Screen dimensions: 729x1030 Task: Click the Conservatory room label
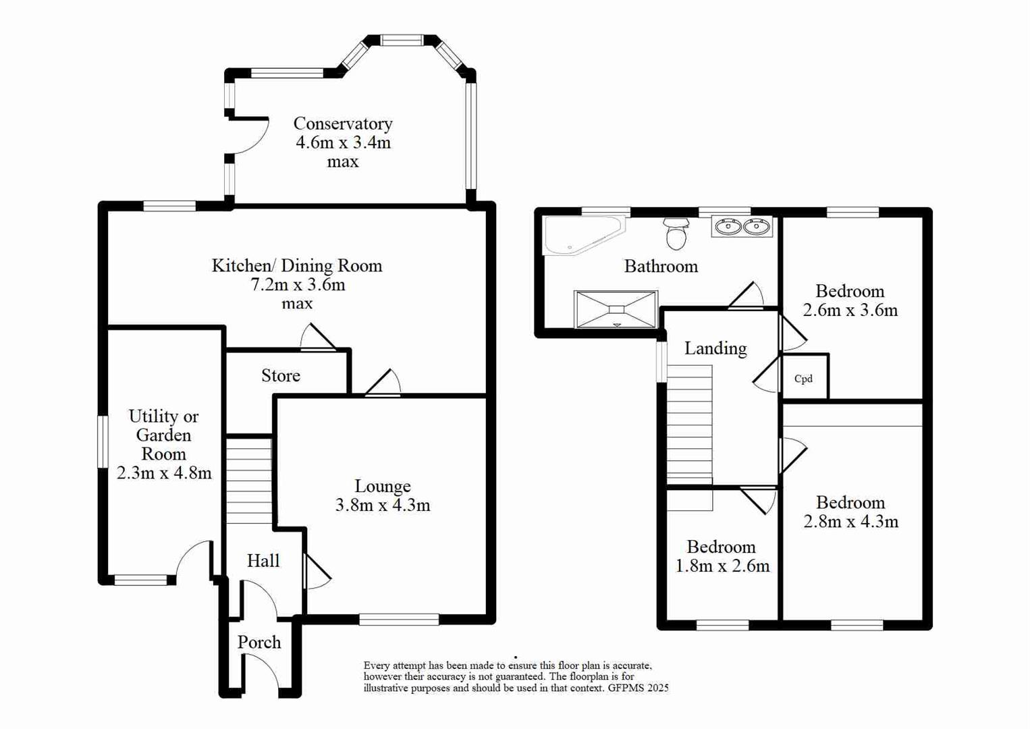pyautogui.click(x=342, y=124)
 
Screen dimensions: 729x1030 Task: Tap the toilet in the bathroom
pyautogui.click(x=676, y=234)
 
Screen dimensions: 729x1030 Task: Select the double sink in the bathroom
pyautogui.click(x=742, y=227)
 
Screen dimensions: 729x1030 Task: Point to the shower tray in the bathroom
pyautogui.click(x=616, y=310)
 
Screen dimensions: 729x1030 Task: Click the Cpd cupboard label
pyautogui.click(x=803, y=379)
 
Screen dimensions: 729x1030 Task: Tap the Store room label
pyautogui.click(x=281, y=376)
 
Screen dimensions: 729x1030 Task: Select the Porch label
pyautogui.click(x=259, y=643)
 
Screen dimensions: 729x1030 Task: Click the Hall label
pyautogui.click(x=263, y=561)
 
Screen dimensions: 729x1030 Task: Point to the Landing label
pyautogui.click(x=715, y=349)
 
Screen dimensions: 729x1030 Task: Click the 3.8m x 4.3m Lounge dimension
pyautogui.click(x=383, y=506)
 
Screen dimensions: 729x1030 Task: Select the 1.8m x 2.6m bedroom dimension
pyautogui.click(x=722, y=566)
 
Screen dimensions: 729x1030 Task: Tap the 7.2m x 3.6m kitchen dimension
pyautogui.click(x=298, y=285)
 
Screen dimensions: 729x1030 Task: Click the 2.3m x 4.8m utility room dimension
pyautogui.click(x=164, y=473)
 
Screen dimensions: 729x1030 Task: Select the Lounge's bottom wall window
pyautogui.click(x=399, y=620)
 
